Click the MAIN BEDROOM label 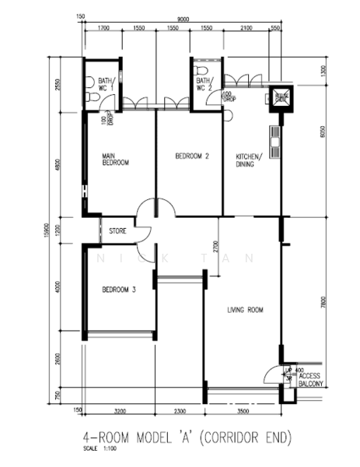[115, 160]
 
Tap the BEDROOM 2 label [191, 157]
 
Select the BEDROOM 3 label [119, 290]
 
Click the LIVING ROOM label [245, 310]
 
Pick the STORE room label [118, 230]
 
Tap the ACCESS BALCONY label [309, 379]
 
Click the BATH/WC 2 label [203, 84]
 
